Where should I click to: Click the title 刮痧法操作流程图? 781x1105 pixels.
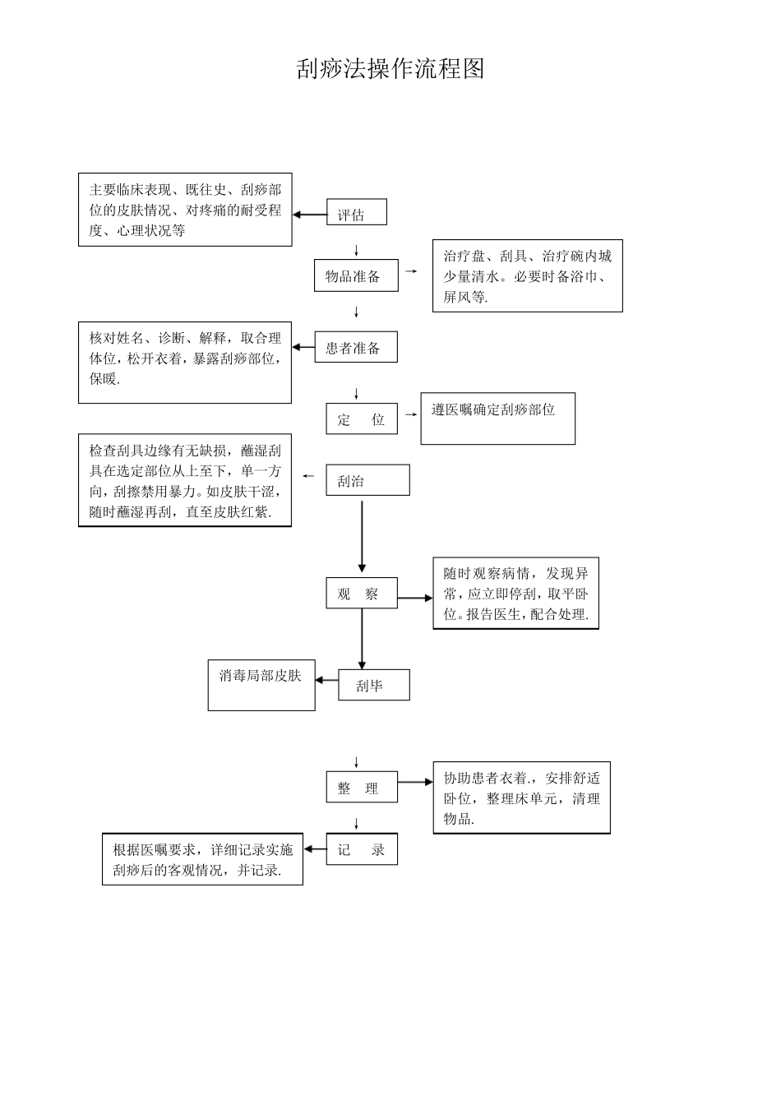click(390, 69)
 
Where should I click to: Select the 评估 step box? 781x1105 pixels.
click(356, 213)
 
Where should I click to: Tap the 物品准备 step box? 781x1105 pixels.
click(355, 276)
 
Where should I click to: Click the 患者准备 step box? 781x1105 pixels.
click(355, 348)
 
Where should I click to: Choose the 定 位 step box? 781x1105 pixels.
click(361, 419)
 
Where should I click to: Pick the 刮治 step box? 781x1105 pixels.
click(367, 480)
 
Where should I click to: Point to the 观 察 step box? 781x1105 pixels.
click(361, 594)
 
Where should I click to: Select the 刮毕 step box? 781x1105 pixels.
click(373, 685)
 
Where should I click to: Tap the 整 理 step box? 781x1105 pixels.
click(361, 788)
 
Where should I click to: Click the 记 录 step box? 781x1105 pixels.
click(361, 849)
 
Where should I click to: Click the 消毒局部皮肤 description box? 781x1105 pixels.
click(261, 686)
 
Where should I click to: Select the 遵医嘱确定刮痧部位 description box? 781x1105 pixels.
click(497, 418)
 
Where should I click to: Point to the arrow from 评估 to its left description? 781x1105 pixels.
click(309, 215)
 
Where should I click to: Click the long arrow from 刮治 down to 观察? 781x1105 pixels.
click(362, 534)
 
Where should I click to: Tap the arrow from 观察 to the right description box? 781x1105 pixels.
click(415, 599)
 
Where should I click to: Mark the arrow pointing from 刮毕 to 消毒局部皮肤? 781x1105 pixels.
click(326, 680)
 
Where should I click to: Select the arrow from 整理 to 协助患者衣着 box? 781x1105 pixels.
click(415, 783)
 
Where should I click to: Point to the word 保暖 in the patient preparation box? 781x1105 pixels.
click(104, 379)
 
